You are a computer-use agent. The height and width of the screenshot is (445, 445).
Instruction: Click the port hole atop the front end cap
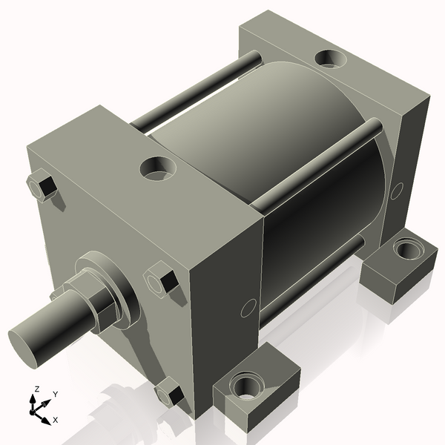(157, 168)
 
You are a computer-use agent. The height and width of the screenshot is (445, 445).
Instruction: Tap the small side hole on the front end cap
(248, 306)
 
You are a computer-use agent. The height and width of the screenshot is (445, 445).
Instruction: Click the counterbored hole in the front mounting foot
(245, 385)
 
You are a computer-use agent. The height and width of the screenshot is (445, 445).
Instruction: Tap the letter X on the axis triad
(55, 421)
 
